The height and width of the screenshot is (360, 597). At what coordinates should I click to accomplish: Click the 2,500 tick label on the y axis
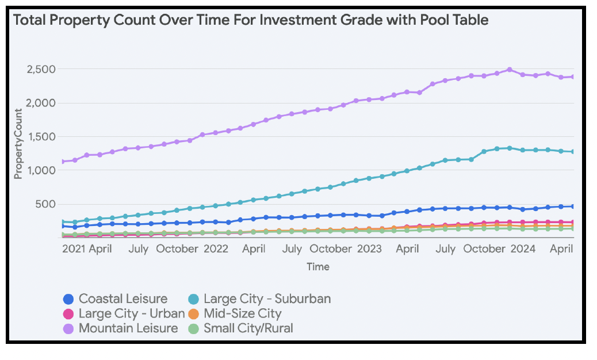click(40, 70)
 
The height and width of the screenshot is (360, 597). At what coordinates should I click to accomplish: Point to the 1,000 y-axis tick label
click(40, 171)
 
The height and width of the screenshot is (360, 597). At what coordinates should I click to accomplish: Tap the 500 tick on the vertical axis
click(45, 204)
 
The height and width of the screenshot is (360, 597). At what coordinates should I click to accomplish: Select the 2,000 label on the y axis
click(40, 104)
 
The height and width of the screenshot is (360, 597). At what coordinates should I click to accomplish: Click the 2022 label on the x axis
click(216, 249)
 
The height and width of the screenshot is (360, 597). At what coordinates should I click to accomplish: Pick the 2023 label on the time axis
click(369, 249)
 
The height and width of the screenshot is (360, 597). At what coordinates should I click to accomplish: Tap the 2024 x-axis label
click(523, 249)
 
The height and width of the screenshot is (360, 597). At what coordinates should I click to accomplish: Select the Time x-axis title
click(317, 267)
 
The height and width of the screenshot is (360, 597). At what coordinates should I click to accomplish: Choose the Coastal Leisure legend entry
click(123, 299)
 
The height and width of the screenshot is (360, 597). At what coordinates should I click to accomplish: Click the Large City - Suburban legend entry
click(267, 299)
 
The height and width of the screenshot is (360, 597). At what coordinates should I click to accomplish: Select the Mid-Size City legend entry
click(242, 314)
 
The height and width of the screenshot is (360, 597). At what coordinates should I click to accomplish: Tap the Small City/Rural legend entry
click(248, 329)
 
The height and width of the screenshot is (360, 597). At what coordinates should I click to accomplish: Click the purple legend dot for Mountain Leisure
click(68, 329)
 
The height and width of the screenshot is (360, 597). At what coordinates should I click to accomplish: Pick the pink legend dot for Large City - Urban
click(68, 314)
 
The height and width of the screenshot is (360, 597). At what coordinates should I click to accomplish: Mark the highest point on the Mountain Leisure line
click(510, 70)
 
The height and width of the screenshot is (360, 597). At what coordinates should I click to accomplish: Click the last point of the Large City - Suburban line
click(573, 152)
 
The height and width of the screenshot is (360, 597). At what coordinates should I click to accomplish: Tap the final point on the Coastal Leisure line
click(573, 206)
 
